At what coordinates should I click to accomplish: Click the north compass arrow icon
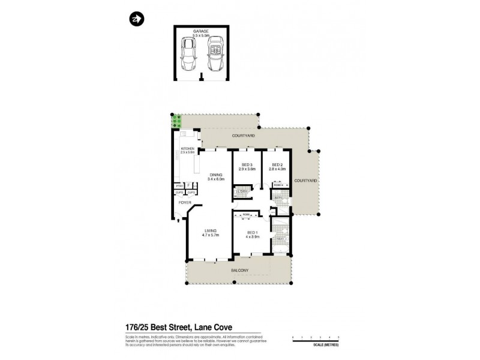[x=136, y=19]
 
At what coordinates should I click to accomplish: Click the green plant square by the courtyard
[x=177, y=121]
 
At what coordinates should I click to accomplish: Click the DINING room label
[x=215, y=175]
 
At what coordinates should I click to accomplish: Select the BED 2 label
[x=277, y=164]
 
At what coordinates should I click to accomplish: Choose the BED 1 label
[x=252, y=232]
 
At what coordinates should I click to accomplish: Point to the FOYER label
[x=184, y=203]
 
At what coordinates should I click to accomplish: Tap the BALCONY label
[x=239, y=271]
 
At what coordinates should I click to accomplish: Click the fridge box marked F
[x=188, y=185]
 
